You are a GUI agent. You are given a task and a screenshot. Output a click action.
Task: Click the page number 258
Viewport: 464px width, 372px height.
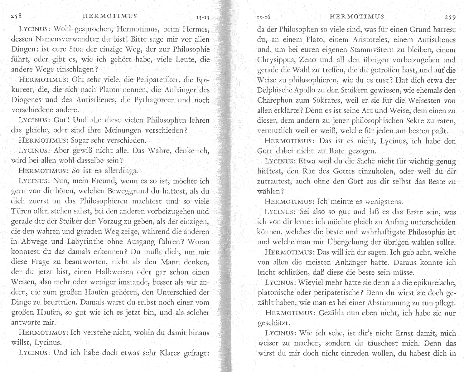(x=16, y=17)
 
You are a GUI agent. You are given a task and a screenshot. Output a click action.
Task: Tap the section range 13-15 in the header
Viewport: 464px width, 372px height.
(x=202, y=17)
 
